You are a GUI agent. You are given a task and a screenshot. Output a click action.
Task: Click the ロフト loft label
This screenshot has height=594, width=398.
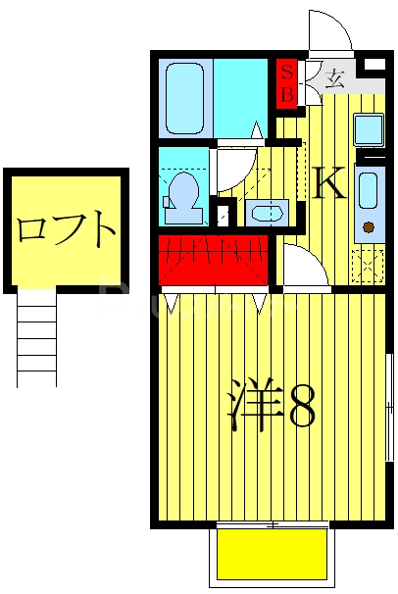pyautogui.click(x=66, y=232)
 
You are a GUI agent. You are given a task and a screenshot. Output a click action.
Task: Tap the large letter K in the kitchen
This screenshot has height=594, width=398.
pyautogui.click(x=329, y=183)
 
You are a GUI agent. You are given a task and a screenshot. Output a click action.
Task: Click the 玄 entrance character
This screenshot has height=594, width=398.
pyautogui.click(x=335, y=78)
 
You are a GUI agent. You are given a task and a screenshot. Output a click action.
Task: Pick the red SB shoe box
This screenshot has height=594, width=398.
pyautogui.click(x=286, y=82)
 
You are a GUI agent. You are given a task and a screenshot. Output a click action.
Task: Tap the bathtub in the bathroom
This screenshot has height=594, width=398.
pyautogui.click(x=184, y=97)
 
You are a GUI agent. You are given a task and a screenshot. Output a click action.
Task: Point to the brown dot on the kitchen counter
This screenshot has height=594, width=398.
pyautogui.click(x=369, y=228)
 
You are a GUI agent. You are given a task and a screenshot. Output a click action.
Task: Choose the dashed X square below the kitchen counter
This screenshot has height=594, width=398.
pyautogui.click(x=368, y=266)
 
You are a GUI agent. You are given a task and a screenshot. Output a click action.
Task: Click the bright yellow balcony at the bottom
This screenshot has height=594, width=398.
pyautogui.click(x=272, y=553)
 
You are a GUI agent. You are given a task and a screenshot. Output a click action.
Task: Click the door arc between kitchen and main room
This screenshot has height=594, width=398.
pyautogui.click(x=298, y=265)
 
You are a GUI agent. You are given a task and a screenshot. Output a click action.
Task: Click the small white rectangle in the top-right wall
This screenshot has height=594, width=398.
pyautogui.click(x=373, y=64)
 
